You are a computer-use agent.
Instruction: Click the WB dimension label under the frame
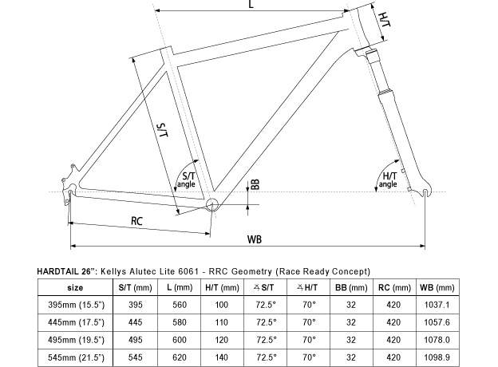click(x=255, y=239)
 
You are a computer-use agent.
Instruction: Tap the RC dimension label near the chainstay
click(x=137, y=221)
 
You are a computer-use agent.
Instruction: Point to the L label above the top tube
click(x=251, y=4)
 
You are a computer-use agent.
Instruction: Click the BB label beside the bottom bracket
click(x=255, y=184)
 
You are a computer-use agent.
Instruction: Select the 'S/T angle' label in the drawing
click(x=188, y=180)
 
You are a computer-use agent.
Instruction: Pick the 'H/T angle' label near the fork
click(x=389, y=180)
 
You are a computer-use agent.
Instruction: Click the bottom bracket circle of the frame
click(x=212, y=205)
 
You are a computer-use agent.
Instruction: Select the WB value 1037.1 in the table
click(x=437, y=305)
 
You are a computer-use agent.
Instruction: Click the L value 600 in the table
click(x=180, y=340)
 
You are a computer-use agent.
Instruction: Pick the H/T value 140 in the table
click(x=221, y=357)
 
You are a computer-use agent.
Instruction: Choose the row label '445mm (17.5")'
click(x=76, y=322)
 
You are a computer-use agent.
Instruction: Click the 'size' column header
click(x=75, y=288)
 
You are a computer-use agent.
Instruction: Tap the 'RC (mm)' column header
click(x=394, y=288)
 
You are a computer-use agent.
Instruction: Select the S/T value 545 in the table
click(x=136, y=357)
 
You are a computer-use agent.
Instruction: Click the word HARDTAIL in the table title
click(x=57, y=272)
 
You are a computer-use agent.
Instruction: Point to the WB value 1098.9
click(x=437, y=357)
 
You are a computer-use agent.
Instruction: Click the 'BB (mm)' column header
click(x=351, y=288)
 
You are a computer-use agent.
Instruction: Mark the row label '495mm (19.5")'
click(x=76, y=340)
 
